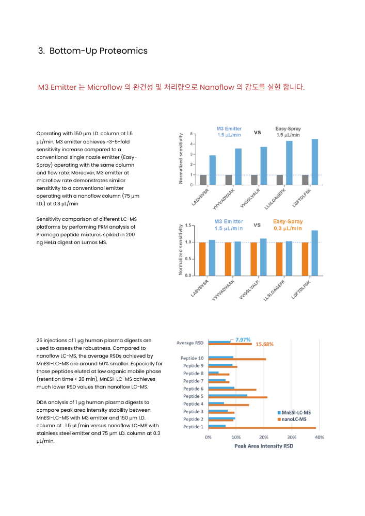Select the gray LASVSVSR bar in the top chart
coord(203,180)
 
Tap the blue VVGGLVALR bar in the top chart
coord(263,166)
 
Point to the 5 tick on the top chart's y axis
coord(192,134)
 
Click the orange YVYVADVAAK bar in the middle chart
coord(228,259)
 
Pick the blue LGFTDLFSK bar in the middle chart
coord(314,252)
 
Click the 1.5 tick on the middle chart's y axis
coord(188,225)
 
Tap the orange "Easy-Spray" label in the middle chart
coord(288,222)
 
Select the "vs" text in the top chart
coord(257,132)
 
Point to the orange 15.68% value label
coord(264,344)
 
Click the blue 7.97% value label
coord(243,340)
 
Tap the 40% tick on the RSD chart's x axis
coord(320,437)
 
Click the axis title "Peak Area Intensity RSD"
coord(263,446)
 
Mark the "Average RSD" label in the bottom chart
coord(189,343)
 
